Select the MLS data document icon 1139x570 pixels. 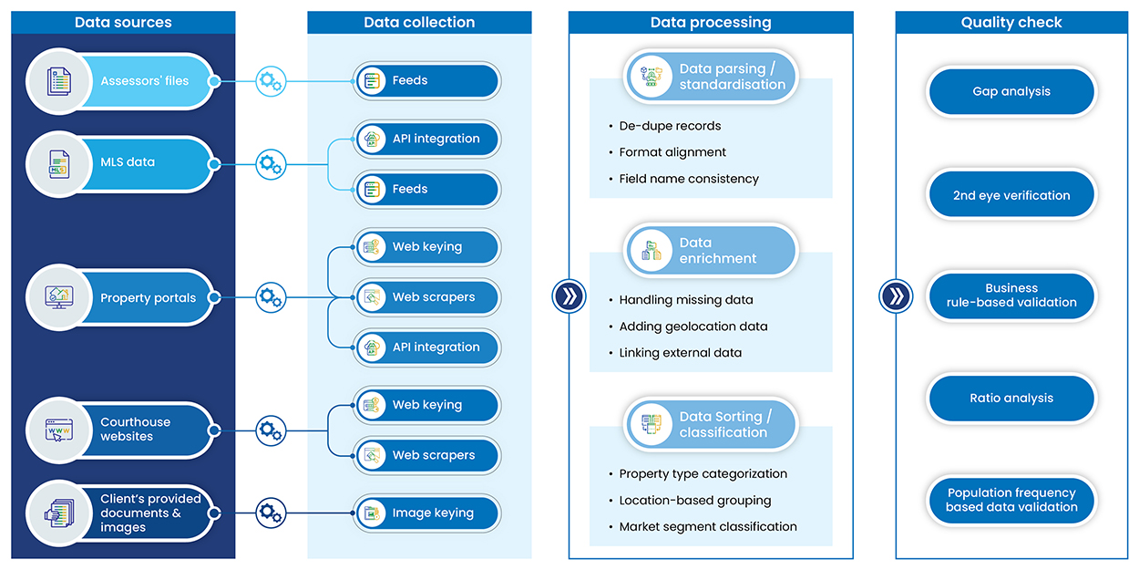[58, 164]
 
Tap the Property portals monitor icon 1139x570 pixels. [58, 297]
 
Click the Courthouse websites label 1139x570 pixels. [135, 430]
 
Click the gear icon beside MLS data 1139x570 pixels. [271, 164]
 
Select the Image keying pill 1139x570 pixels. [426, 513]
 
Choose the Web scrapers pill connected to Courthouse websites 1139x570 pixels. [426, 455]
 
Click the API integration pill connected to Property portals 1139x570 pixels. [426, 347]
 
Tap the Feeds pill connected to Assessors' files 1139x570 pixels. [426, 81]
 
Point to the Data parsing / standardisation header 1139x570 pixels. [711, 77]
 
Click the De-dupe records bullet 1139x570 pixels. [670, 126]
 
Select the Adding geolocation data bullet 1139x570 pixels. [693, 326]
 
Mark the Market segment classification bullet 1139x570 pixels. [707, 526]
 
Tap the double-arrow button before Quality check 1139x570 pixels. [896, 296]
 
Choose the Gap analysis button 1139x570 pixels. [1011, 92]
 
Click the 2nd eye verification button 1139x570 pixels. [1011, 195]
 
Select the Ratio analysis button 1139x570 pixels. [1011, 399]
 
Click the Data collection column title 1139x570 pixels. [419, 23]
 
